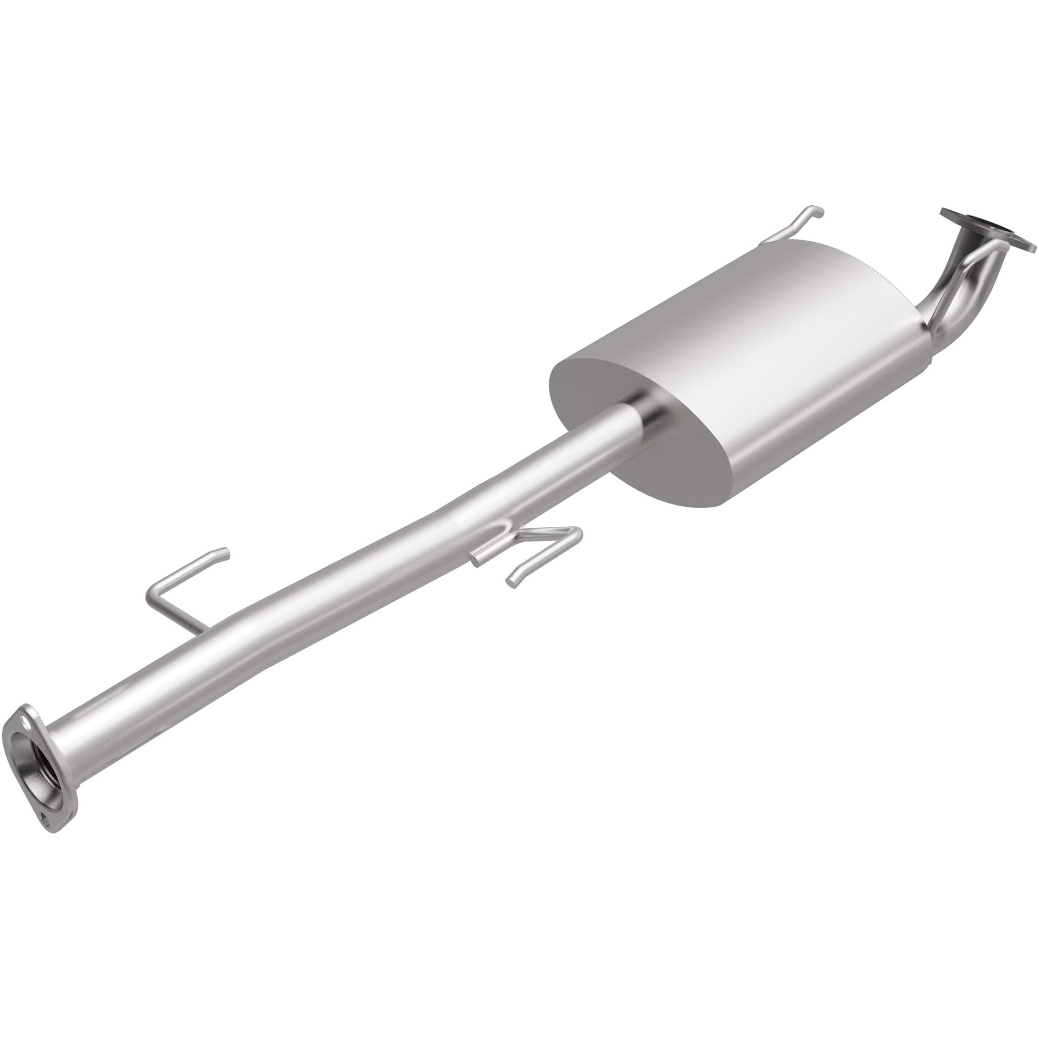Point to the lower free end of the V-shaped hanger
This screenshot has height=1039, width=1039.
pyautogui.click(x=511, y=581)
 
